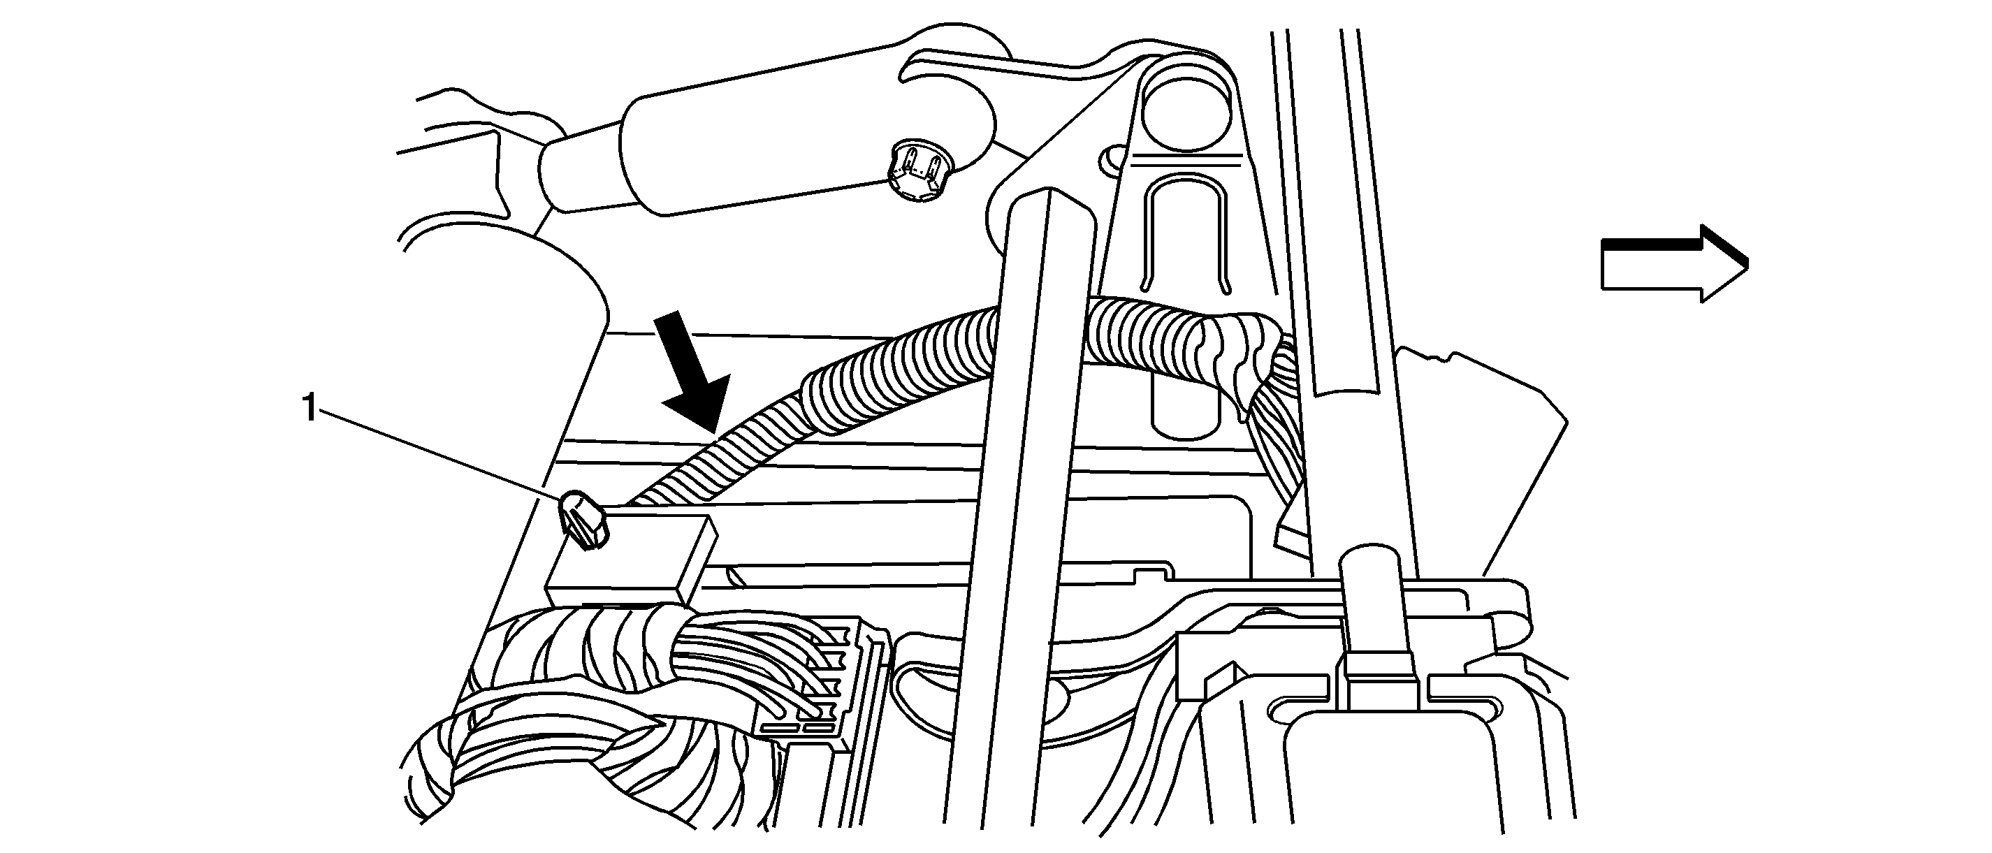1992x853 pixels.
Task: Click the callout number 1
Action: pyautogui.click(x=310, y=408)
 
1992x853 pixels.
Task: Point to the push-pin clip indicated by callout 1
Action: pyautogui.click(x=584, y=520)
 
